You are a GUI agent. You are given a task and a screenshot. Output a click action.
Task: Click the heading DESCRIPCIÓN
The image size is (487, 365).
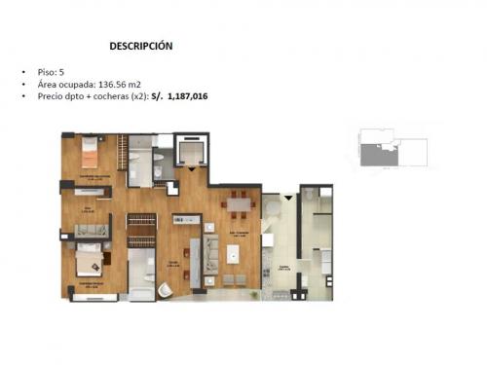coord(141,45)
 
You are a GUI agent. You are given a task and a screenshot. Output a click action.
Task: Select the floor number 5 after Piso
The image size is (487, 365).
coord(62,71)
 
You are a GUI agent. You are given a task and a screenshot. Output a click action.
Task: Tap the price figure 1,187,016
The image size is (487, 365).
coord(188,97)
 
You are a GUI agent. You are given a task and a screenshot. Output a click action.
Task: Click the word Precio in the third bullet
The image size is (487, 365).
coord(49,97)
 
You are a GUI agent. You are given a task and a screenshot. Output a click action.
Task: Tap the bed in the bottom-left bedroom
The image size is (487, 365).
coord(89,260)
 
